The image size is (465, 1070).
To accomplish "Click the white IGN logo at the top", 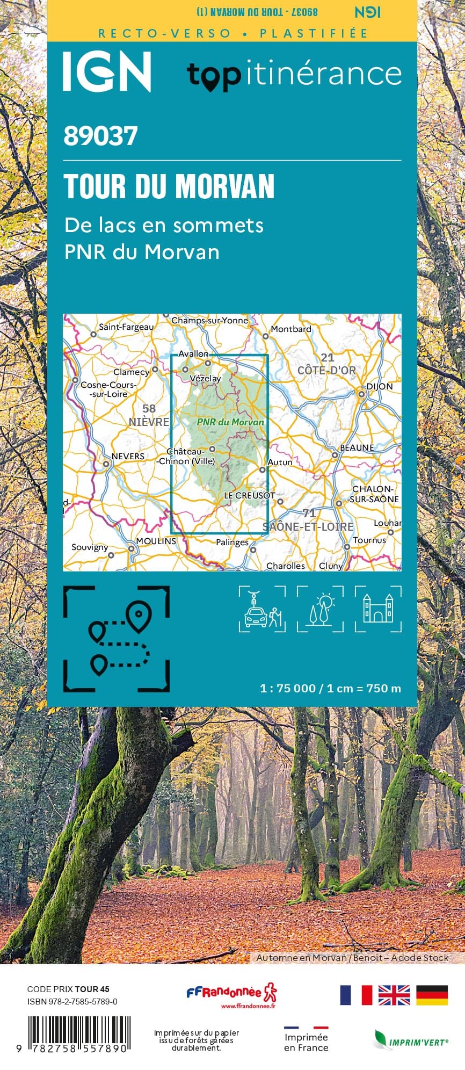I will click(x=107, y=71).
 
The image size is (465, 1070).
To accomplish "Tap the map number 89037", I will click(x=100, y=136).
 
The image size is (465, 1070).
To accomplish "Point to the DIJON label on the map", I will click(x=379, y=387).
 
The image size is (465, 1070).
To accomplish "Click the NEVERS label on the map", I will click(x=128, y=457).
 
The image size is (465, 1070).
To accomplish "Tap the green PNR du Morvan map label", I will click(x=230, y=422).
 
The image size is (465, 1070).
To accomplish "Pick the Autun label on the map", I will click(x=280, y=462).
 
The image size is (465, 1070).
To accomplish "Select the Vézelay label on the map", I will click(x=205, y=378).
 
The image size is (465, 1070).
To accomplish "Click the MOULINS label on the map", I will click(x=156, y=541).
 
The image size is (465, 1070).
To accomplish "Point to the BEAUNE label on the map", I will click(x=357, y=447).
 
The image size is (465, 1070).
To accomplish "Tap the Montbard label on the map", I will click(x=290, y=329).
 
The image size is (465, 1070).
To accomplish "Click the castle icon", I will click(x=378, y=609).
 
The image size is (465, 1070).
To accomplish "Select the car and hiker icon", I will click(x=262, y=609).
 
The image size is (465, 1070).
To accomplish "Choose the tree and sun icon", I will click(x=320, y=609).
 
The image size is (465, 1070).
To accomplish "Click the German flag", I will click(x=432, y=995).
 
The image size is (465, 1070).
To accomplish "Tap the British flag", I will click(x=394, y=995).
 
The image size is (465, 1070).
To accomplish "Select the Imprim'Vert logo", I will click(x=411, y=1040).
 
